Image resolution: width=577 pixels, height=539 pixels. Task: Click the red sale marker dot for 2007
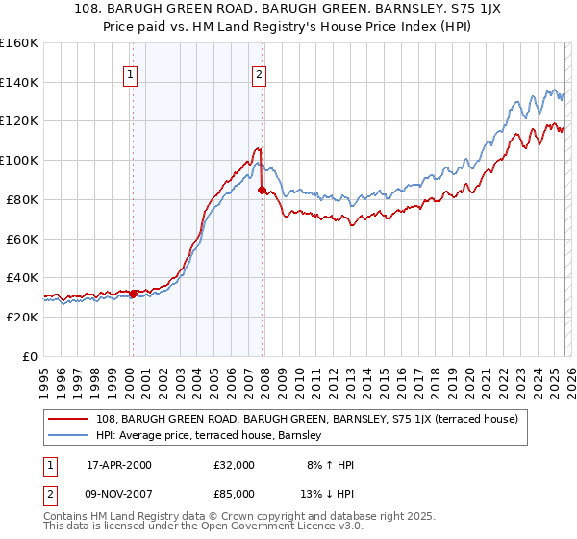tap(262, 190)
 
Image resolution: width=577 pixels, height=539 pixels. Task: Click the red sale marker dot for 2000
tap(133, 294)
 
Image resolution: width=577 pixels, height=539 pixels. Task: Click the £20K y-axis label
tap(20, 317)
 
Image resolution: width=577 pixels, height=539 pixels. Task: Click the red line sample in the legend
tap(68, 419)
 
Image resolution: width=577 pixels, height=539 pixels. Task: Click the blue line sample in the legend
tap(68, 436)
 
